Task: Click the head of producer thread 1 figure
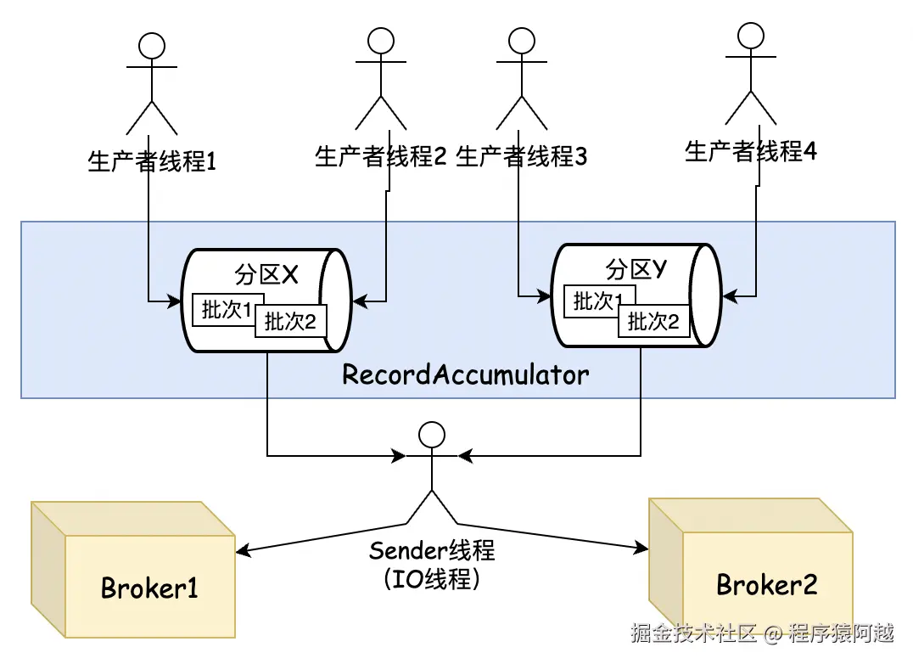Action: click(151, 46)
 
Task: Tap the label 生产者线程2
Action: click(381, 156)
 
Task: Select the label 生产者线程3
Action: click(521, 156)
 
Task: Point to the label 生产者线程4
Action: click(751, 151)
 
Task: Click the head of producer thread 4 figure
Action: click(751, 36)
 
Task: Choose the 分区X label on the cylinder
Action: click(266, 274)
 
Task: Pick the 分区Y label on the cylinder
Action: click(636, 269)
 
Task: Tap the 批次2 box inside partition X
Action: click(290, 321)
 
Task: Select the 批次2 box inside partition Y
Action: click(654, 321)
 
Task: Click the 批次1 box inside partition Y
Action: click(595, 301)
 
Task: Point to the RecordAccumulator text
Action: click(465, 374)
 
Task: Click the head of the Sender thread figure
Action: click(431, 435)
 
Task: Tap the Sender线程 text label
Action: click(432, 550)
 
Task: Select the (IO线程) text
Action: click(432, 578)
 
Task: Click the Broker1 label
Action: click(149, 588)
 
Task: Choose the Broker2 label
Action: click(767, 585)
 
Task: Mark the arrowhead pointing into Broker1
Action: click(243, 550)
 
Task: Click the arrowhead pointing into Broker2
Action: click(641, 547)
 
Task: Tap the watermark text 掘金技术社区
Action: click(693, 633)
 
